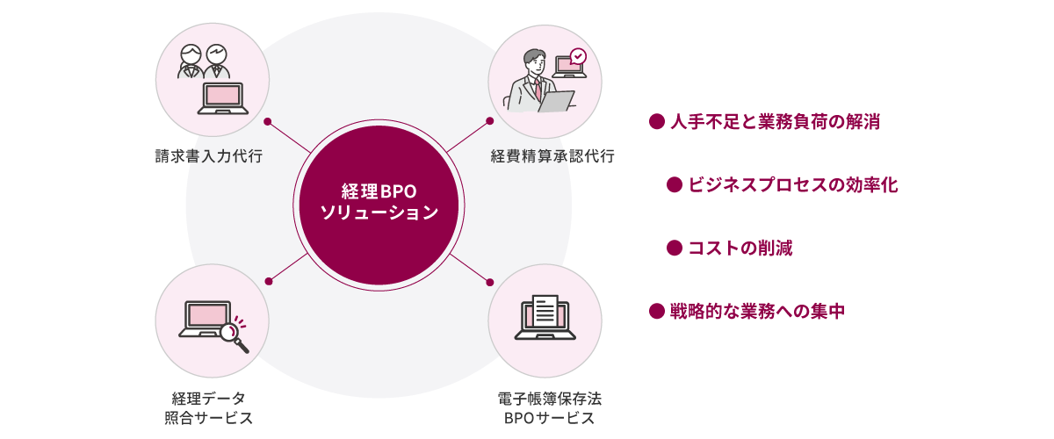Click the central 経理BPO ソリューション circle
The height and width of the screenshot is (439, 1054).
379,205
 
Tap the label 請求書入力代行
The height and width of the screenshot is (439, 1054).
209,155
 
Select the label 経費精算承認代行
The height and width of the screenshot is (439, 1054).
552,155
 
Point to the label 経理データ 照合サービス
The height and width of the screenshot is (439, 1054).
209,408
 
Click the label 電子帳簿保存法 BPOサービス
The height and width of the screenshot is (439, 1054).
550,408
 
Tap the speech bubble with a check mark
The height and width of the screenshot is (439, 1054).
578,56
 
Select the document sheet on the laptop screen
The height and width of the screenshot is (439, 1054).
545,310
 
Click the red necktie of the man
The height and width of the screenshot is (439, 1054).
538,90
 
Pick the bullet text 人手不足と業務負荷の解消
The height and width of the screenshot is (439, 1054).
775,122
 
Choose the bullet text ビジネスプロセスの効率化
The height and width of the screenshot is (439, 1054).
793,185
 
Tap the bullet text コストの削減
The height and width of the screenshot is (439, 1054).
740,248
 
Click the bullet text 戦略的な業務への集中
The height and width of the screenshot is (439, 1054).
757,311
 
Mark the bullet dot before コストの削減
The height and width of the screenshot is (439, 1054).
675,248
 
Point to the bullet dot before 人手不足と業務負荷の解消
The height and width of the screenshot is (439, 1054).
656,121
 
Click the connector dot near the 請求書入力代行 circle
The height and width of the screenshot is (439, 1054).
268,122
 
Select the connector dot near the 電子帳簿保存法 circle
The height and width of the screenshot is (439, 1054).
490,283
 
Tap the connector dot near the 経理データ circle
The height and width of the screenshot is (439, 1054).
269,281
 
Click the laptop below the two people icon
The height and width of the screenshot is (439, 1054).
222,98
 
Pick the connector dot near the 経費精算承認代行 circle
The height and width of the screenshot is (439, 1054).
490,121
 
